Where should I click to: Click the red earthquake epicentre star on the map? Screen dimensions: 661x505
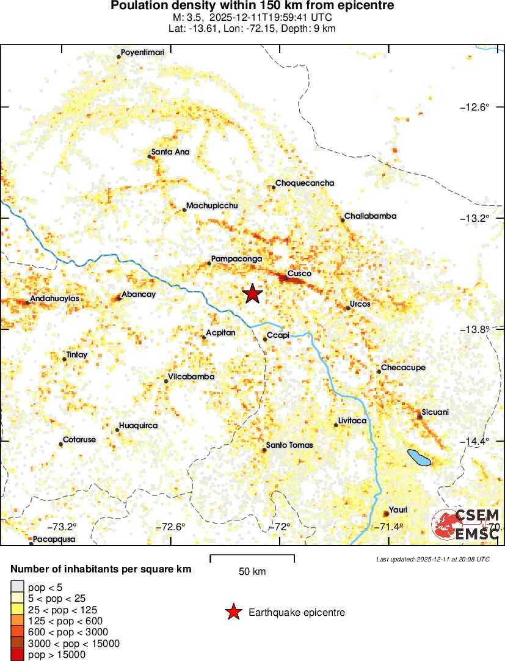[252, 294]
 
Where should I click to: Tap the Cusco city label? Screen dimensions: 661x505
[299, 274]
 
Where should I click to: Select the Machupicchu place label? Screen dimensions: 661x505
[211, 206]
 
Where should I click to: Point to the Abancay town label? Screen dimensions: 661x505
[139, 294]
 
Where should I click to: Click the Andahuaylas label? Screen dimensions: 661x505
[55, 299]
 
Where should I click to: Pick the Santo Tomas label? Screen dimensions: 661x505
[289, 445]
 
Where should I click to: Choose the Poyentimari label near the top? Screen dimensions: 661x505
[143, 53]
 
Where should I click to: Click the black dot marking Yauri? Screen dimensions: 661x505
[386, 514]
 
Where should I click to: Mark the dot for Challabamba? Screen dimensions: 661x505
[343, 220]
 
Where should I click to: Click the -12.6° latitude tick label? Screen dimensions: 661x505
[474, 108]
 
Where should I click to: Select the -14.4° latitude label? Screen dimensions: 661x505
[474, 441]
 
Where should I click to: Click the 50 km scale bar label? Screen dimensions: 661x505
[252, 572]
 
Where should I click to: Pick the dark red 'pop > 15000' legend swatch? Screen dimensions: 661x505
[18, 655]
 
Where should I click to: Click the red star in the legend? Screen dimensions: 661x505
[233, 612]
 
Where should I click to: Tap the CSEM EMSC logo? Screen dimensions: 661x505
[466, 524]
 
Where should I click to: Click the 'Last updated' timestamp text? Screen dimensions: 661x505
[433, 559]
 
